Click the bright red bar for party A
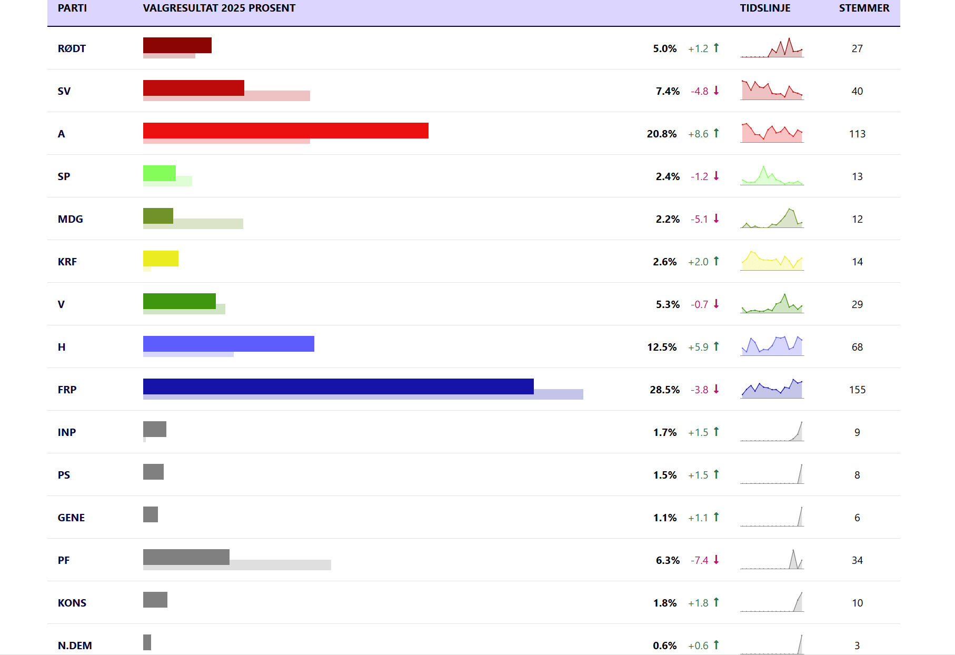285,131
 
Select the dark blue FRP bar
338,386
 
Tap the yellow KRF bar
161,259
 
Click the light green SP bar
159,173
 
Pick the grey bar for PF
186,557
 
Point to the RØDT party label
72,48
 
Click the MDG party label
70,219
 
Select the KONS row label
72,603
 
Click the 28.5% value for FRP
664,390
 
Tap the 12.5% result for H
662,347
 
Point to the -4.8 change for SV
699,91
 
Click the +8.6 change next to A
698,134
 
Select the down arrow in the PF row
716,560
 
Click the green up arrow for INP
716,432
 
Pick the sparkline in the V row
772,304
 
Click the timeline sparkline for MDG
772,219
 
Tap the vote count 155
857,390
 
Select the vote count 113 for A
857,134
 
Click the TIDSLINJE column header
765,8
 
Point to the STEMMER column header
864,8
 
